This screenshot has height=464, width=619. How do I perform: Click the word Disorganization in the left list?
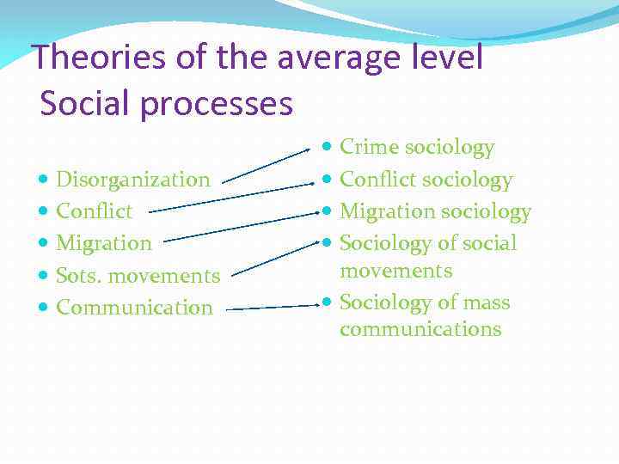(x=132, y=180)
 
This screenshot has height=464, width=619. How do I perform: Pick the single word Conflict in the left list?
(x=94, y=211)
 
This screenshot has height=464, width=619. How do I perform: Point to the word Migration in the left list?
(x=103, y=243)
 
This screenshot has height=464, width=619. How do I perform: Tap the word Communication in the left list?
(x=133, y=308)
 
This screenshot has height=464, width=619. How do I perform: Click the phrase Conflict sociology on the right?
(x=426, y=180)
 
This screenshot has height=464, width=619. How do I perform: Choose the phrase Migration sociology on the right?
(x=435, y=211)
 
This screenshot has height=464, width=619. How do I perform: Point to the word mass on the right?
(x=486, y=303)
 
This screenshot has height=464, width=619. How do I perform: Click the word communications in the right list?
(x=420, y=329)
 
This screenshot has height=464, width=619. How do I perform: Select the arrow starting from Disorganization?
(x=266, y=165)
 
